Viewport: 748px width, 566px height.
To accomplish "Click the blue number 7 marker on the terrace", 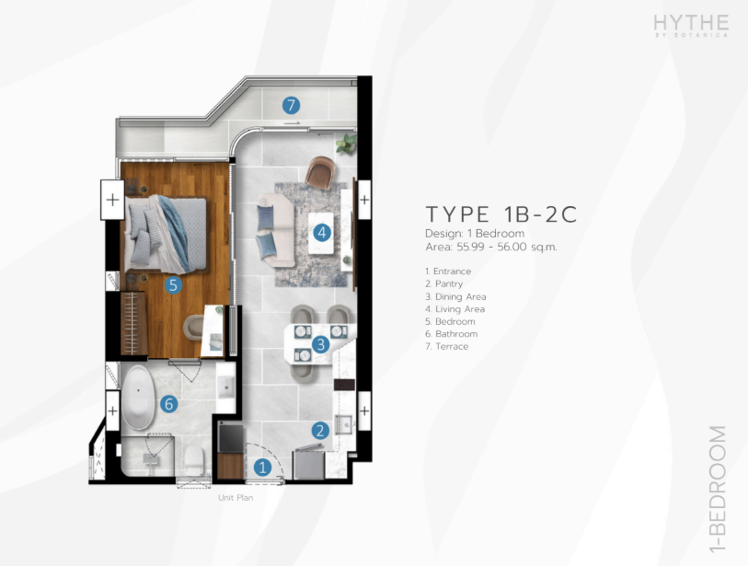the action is point(291,106).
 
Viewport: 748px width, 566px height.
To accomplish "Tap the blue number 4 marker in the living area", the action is point(322,233).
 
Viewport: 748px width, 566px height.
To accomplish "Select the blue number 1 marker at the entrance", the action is point(262,468).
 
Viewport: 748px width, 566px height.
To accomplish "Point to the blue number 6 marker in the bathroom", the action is point(169,404).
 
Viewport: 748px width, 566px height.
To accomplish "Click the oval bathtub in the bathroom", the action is point(138,398).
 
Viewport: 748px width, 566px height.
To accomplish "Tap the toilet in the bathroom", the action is point(194,459).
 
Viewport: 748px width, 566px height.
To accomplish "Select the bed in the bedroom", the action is point(166,234).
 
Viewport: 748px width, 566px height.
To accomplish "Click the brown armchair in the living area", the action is point(320,172).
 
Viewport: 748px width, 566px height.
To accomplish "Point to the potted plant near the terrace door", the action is point(346,143).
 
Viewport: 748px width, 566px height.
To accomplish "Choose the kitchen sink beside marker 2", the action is point(343,424).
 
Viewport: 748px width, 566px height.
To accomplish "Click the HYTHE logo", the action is point(691,25).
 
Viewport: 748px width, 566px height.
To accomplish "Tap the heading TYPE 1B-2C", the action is point(501,214).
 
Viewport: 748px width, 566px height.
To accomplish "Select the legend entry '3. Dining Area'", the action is point(455,296).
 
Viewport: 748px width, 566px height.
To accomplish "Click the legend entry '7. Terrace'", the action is point(447,346).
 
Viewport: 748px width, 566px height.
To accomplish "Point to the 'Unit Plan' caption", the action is point(236,497).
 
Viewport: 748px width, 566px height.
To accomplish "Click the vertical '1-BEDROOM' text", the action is point(718,490).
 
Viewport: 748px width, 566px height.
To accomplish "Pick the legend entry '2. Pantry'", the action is point(444,284).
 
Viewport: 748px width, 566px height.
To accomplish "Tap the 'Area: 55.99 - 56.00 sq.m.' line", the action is point(491,248).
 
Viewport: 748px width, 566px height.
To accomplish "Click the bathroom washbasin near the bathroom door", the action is point(225,387).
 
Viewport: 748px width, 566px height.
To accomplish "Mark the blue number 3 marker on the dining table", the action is point(320,344).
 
